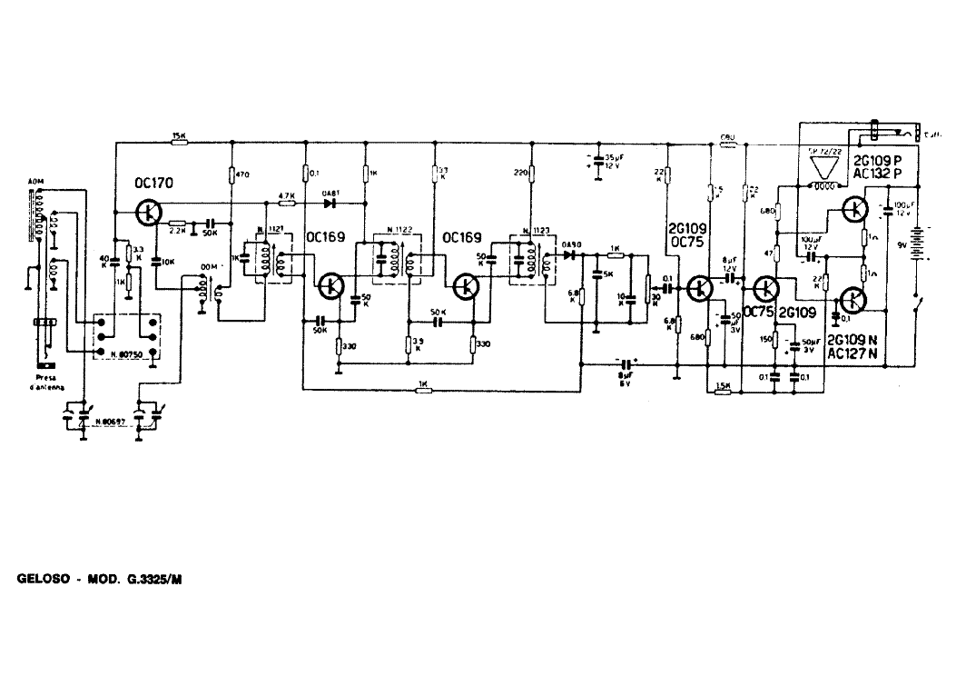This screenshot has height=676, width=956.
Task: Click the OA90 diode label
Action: (570, 244)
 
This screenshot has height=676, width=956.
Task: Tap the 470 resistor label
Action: (241, 173)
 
